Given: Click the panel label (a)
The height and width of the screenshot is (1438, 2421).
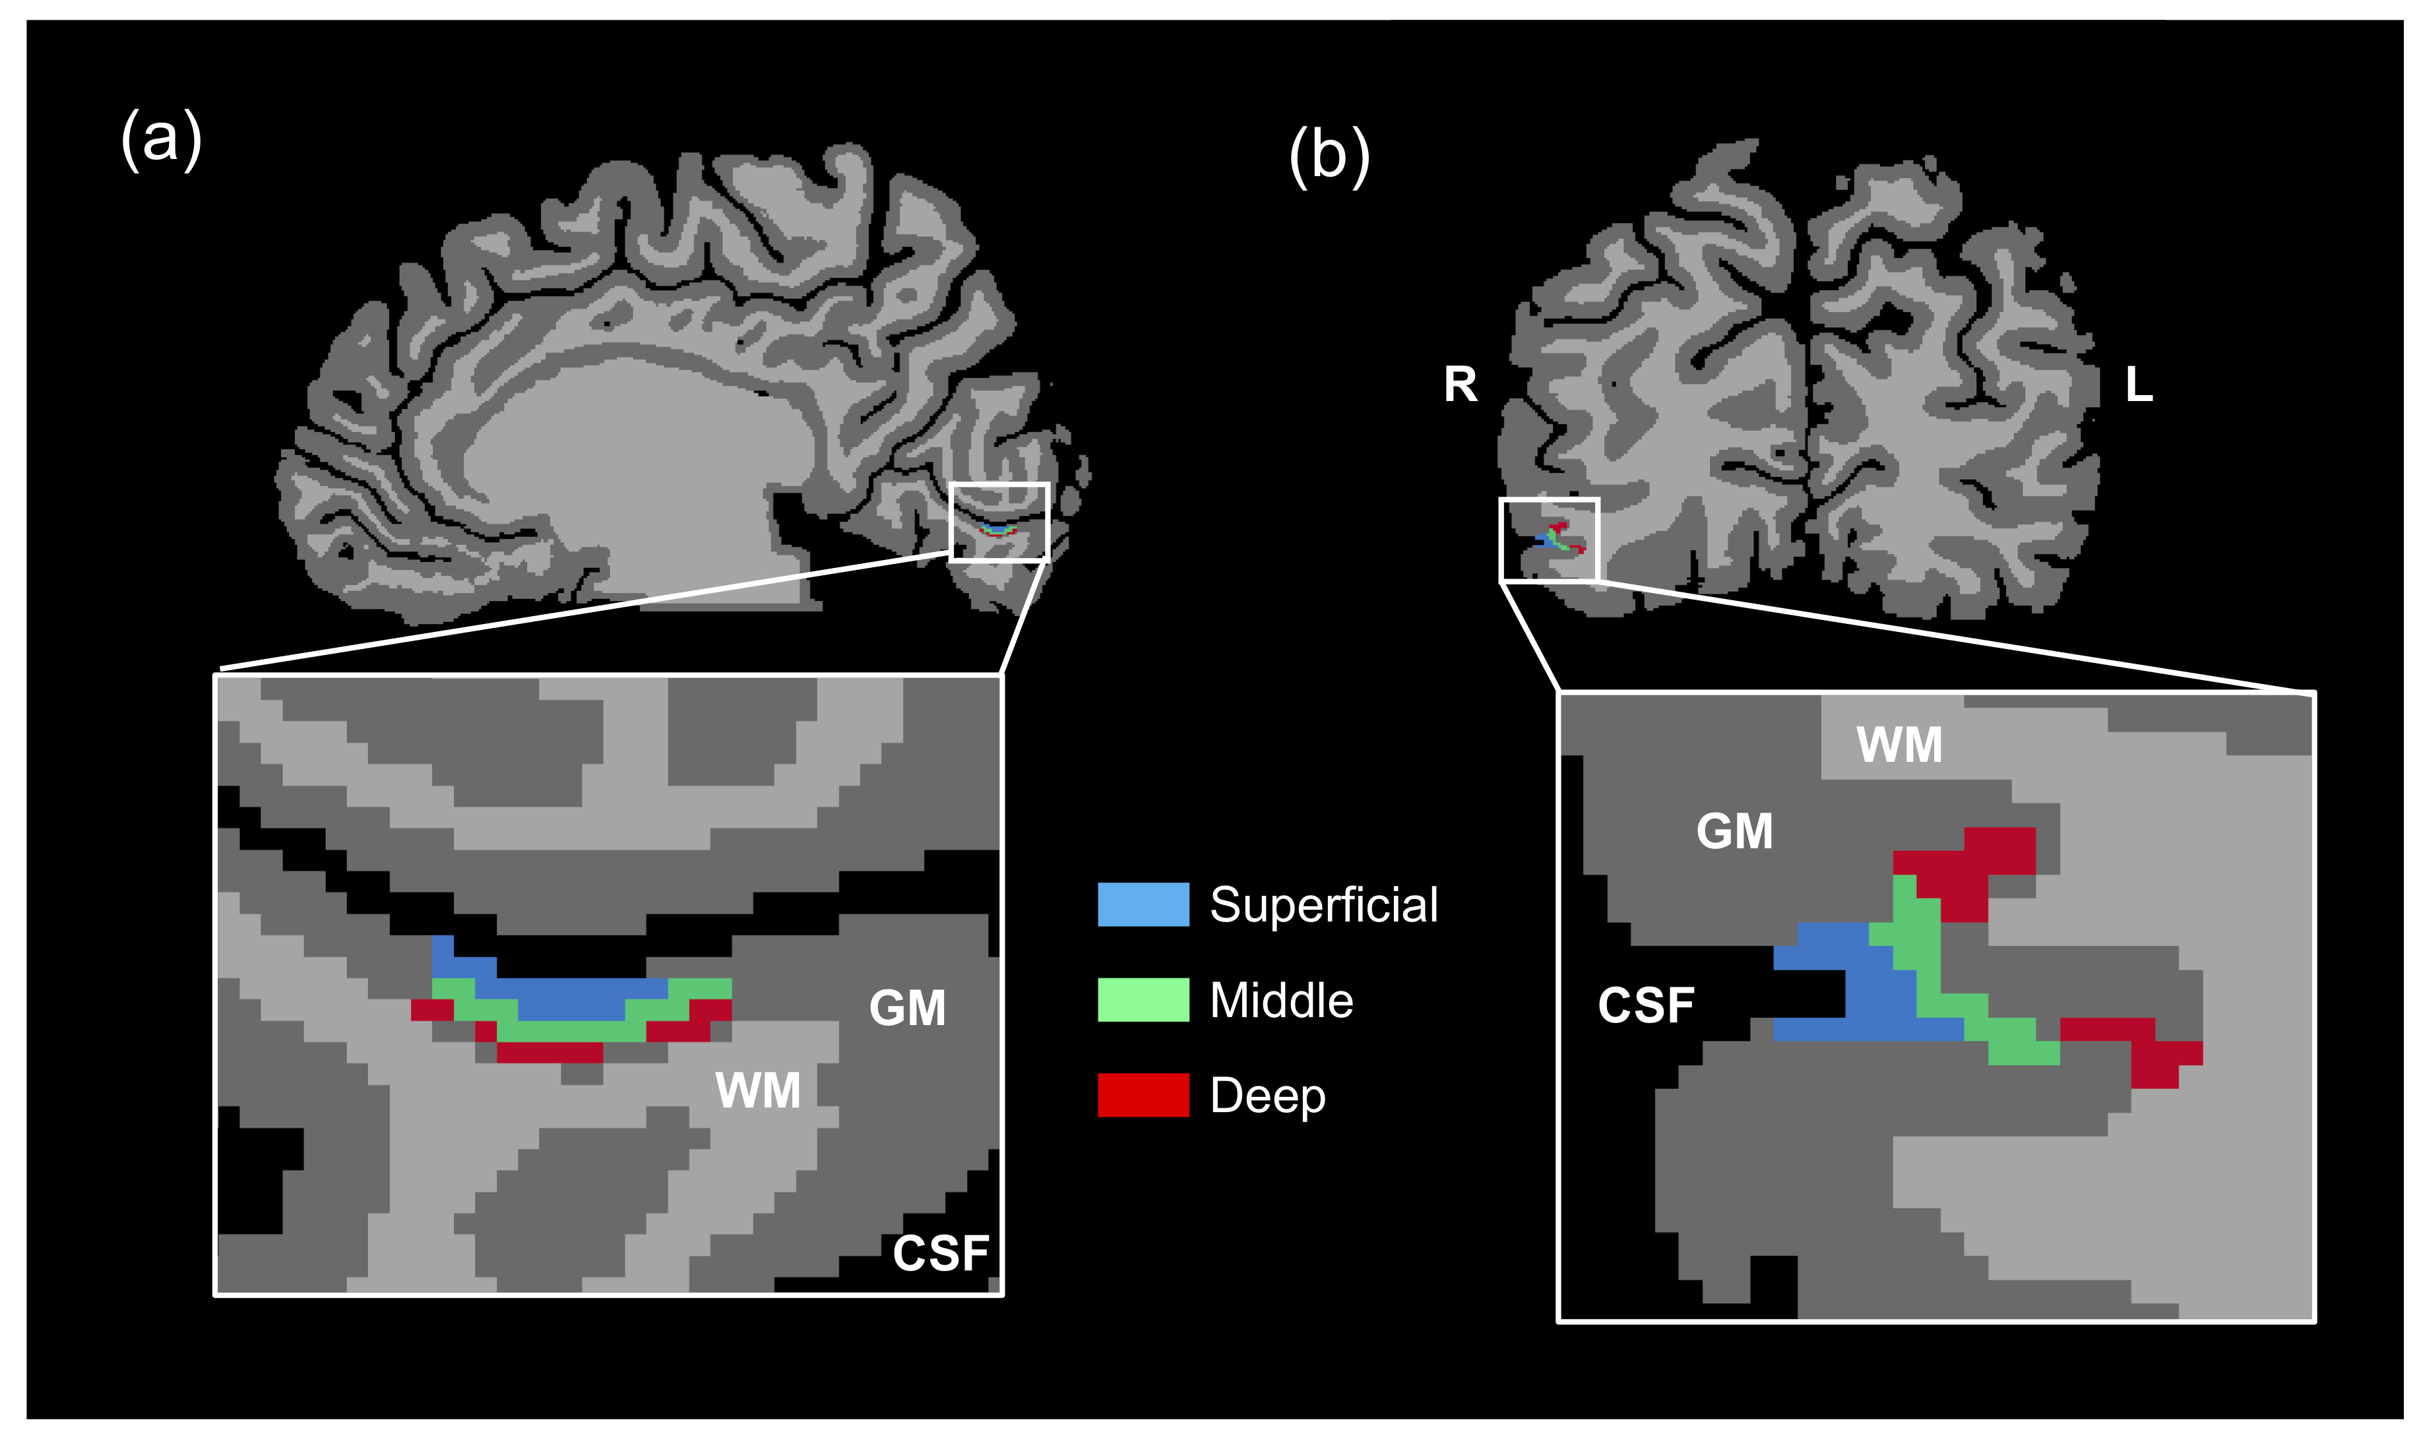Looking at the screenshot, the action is point(161,139).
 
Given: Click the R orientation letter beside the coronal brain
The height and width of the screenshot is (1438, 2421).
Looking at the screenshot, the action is point(1460,385).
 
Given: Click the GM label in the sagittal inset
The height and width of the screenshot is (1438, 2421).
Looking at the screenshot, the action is point(907,1008).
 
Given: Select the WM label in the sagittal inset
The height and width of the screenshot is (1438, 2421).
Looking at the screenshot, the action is point(757,1091).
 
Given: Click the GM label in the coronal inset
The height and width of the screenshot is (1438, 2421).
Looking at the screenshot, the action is point(1734,831).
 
